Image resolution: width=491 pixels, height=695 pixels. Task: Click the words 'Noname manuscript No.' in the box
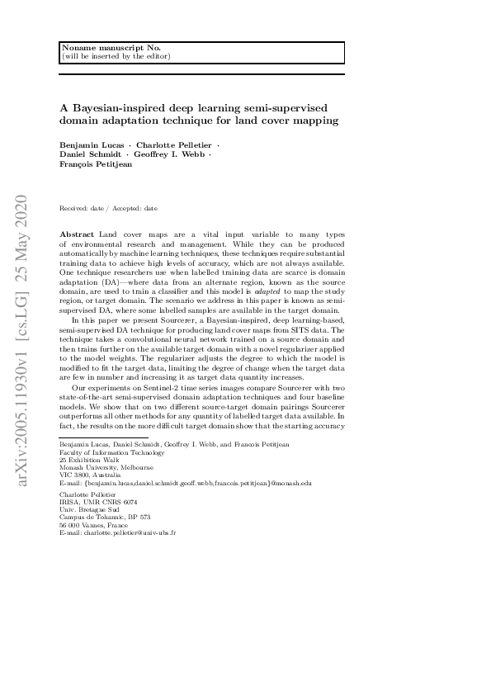99,49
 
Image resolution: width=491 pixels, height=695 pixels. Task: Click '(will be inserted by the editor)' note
116,56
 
